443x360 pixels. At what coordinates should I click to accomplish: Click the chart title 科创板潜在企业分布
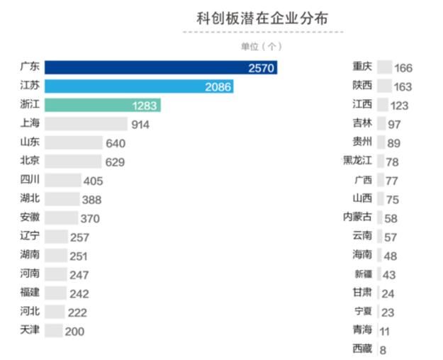coord(262,18)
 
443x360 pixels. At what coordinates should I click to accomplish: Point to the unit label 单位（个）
coord(261,46)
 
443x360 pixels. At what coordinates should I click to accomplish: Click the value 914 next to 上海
coord(140,124)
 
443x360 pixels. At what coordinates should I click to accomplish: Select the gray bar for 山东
coord(73,143)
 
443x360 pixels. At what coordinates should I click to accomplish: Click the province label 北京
coord(30,161)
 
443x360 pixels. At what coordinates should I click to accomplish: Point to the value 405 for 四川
coord(92,181)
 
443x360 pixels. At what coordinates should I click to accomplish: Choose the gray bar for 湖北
coord(61,199)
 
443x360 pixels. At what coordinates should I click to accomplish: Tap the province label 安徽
coord(30,218)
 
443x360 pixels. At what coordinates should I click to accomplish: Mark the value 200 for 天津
coord(74,331)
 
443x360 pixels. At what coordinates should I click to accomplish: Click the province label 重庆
coord(361,67)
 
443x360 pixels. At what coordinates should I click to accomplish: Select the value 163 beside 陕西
coord(403,87)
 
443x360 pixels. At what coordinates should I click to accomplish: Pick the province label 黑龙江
coord(357,161)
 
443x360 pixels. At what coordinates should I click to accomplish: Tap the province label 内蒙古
coord(357,217)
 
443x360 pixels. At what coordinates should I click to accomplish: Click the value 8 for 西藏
coord(383,349)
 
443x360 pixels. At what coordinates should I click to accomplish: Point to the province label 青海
coord(361,330)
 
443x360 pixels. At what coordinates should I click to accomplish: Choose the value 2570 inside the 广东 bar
coord(261,68)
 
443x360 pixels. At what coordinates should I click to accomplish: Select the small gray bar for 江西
coord(383,105)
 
